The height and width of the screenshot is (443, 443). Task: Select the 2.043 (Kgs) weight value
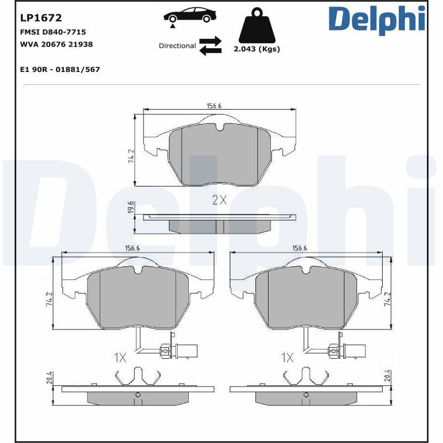pyautogui.click(x=256, y=49)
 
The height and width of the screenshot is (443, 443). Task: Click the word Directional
pyautogui.click(x=177, y=46)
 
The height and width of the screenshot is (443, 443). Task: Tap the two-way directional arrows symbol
pyautogui.click(x=210, y=46)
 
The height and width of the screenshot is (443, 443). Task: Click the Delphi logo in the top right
pyautogui.click(x=377, y=19)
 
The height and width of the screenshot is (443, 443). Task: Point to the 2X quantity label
pyautogui.click(x=219, y=200)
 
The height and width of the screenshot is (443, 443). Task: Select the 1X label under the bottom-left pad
pyautogui.click(x=120, y=358)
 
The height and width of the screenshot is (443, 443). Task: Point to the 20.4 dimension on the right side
pyautogui.click(x=388, y=377)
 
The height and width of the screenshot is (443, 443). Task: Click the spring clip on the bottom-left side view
pyautogui.click(x=137, y=378)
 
